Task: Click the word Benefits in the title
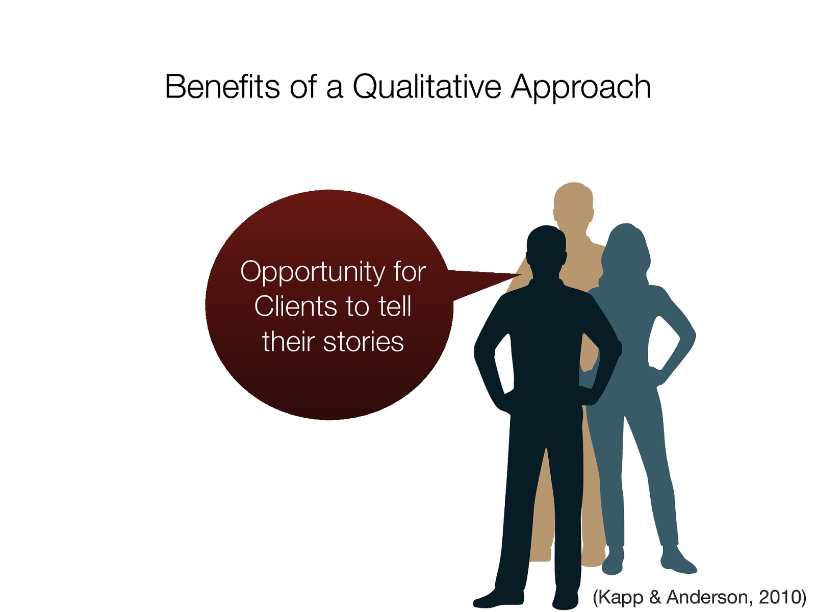tap(222, 87)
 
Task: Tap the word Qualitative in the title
tap(427, 87)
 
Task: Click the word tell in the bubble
tap(395, 307)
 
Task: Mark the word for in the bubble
tap(409, 272)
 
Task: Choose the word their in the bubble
tap(289, 342)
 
